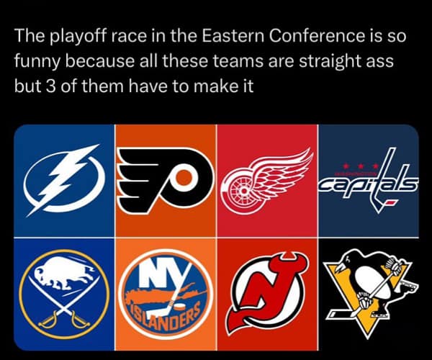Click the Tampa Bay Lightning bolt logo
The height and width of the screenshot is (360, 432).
tap(63, 181)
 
